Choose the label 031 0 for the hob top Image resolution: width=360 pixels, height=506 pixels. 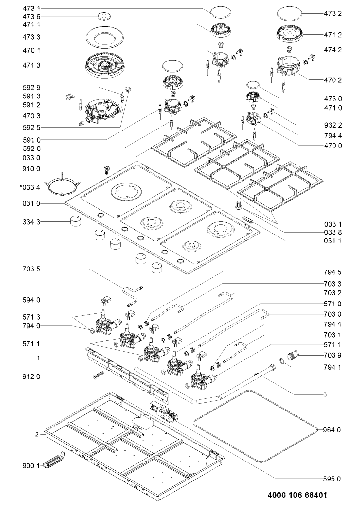point(31,203)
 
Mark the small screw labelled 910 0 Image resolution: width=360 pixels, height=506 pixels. point(105,169)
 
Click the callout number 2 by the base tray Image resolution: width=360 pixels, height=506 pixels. point(37,434)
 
